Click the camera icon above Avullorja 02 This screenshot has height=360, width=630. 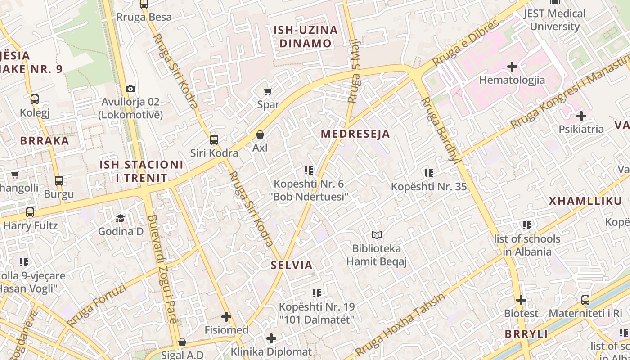click(130, 89)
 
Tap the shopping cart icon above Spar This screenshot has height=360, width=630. click(268, 92)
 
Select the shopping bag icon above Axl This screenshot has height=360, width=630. click(260, 135)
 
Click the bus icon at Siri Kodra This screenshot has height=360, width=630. click(214, 140)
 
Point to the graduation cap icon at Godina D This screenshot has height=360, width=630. click(120, 219)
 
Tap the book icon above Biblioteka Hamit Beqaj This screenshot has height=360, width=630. click(377, 235)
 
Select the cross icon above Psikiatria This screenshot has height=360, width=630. click(581, 116)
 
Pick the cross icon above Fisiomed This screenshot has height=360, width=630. click(226, 317)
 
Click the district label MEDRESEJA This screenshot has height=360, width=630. click(355, 134)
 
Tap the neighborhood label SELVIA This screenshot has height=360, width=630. click(292, 265)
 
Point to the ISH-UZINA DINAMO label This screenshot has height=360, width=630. click(306, 37)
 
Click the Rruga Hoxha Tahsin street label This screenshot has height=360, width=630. click(400, 324)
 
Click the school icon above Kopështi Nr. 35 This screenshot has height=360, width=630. click(429, 173)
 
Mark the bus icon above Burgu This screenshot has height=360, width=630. click(59, 181)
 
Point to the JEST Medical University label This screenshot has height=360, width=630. click(554, 20)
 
